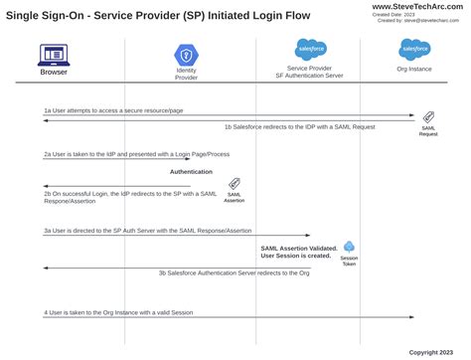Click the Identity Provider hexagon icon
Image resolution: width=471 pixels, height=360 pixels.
click(186, 54)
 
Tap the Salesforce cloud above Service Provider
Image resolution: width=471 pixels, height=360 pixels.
click(311, 49)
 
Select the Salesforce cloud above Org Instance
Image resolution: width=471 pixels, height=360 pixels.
click(414, 49)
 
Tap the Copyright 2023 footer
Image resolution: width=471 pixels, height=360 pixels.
click(437, 351)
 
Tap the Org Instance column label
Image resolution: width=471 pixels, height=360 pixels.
click(414, 70)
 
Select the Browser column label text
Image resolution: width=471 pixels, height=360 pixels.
click(54, 72)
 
